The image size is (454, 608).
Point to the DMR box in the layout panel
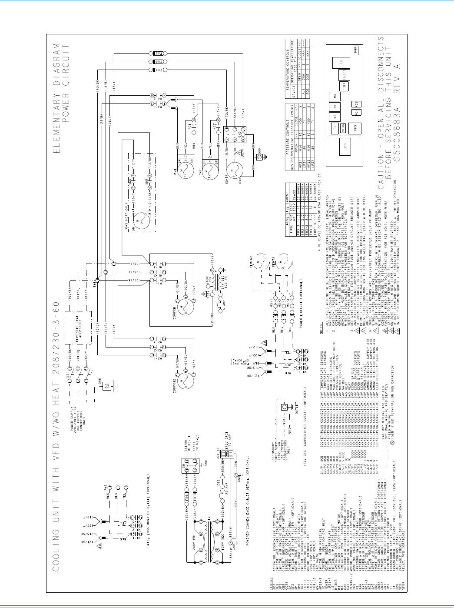355,50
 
